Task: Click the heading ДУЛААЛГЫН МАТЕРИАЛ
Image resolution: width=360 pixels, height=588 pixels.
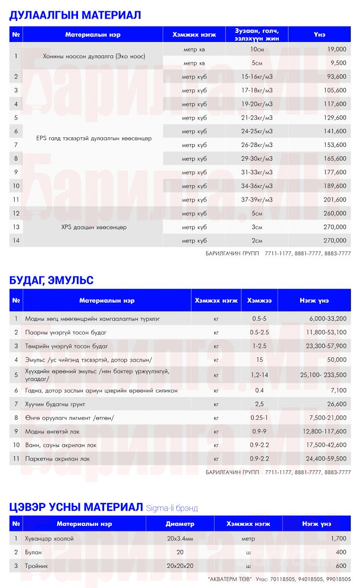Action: coord(75,15)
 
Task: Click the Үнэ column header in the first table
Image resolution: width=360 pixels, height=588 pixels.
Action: coord(319,34)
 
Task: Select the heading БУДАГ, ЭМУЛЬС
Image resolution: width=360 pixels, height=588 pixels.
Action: coord(51,280)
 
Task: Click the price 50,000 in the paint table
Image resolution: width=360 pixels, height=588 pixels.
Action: coord(337,360)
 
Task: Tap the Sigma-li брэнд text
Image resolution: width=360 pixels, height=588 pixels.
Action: coord(172,509)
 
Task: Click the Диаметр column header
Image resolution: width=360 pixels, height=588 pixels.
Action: coord(180,524)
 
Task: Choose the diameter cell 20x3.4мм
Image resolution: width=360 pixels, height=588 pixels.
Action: coord(180,538)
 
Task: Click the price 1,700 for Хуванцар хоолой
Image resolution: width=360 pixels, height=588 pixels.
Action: coord(338,538)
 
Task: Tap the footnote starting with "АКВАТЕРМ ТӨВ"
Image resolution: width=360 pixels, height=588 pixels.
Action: coord(279,579)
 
